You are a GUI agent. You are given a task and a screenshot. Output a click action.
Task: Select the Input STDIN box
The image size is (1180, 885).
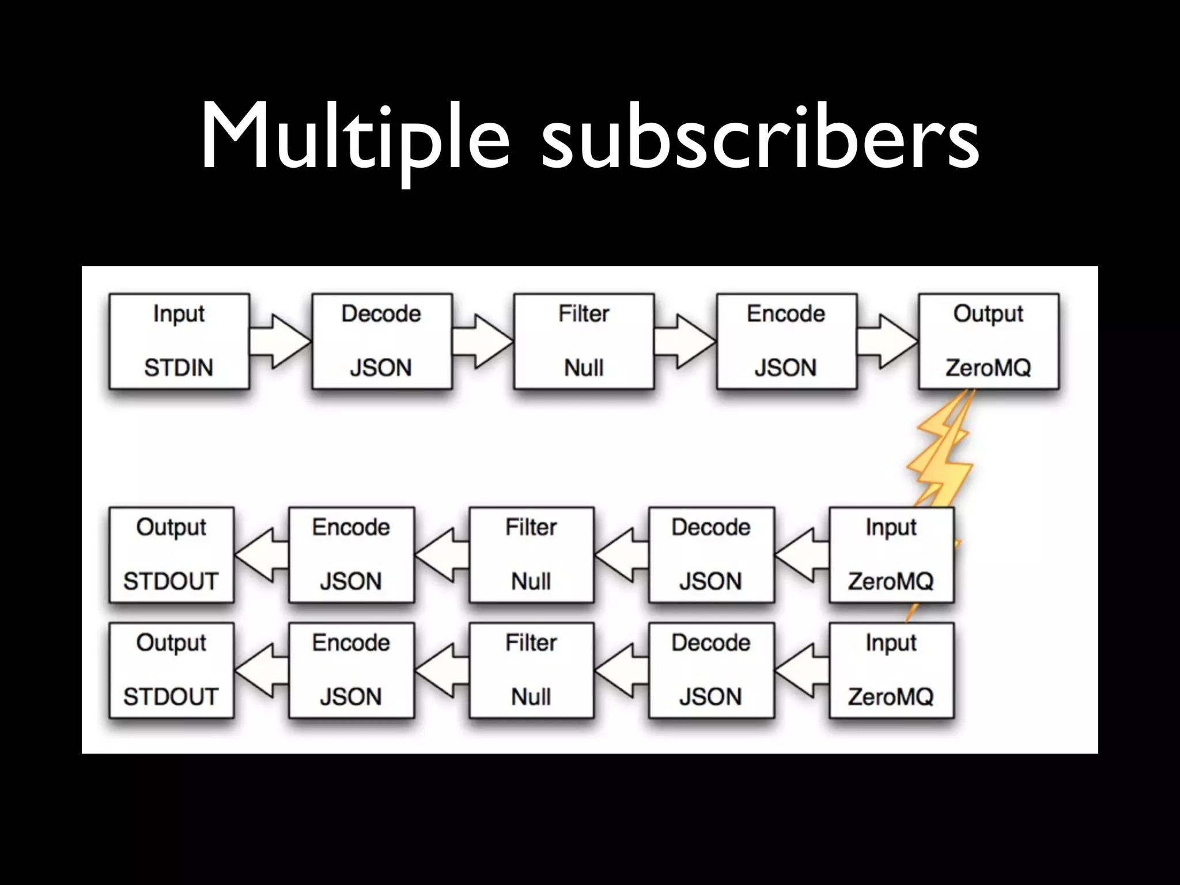click(179, 341)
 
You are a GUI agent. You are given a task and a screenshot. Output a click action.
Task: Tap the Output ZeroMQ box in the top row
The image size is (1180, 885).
click(988, 341)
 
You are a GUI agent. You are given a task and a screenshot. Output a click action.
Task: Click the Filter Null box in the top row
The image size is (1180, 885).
click(584, 341)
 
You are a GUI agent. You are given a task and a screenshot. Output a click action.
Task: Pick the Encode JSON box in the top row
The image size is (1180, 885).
click(786, 341)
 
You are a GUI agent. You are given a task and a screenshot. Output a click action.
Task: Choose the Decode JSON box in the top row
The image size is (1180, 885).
click(381, 341)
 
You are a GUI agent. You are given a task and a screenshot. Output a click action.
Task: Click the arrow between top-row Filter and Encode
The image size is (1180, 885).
click(685, 341)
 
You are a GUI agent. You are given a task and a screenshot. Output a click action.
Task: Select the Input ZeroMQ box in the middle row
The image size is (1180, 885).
click(891, 554)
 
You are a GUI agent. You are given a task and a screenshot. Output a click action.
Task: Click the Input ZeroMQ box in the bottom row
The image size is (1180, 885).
click(891, 670)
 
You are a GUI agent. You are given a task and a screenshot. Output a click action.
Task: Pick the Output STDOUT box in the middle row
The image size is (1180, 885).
click(171, 554)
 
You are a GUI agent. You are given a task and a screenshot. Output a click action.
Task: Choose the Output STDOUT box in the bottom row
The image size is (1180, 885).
click(171, 670)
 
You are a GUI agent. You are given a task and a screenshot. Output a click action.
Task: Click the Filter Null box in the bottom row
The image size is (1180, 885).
click(531, 670)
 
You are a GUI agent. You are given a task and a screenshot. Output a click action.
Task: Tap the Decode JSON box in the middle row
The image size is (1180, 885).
click(711, 554)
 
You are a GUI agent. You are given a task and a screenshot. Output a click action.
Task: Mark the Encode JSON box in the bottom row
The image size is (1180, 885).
click(351, 670)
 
